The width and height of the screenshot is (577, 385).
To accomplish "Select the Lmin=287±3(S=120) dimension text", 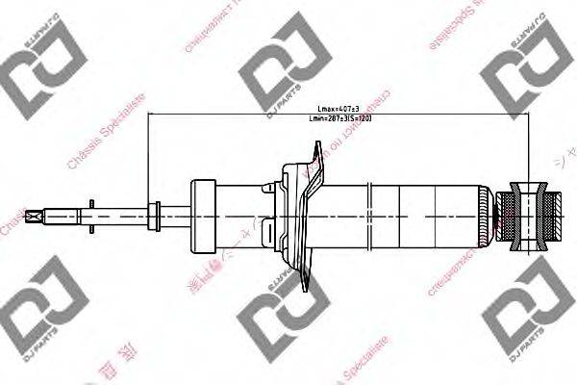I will point(339,117).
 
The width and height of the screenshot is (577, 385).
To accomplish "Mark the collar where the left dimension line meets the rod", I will point(151,215).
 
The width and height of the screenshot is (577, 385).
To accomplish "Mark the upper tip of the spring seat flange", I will point(318,145).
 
